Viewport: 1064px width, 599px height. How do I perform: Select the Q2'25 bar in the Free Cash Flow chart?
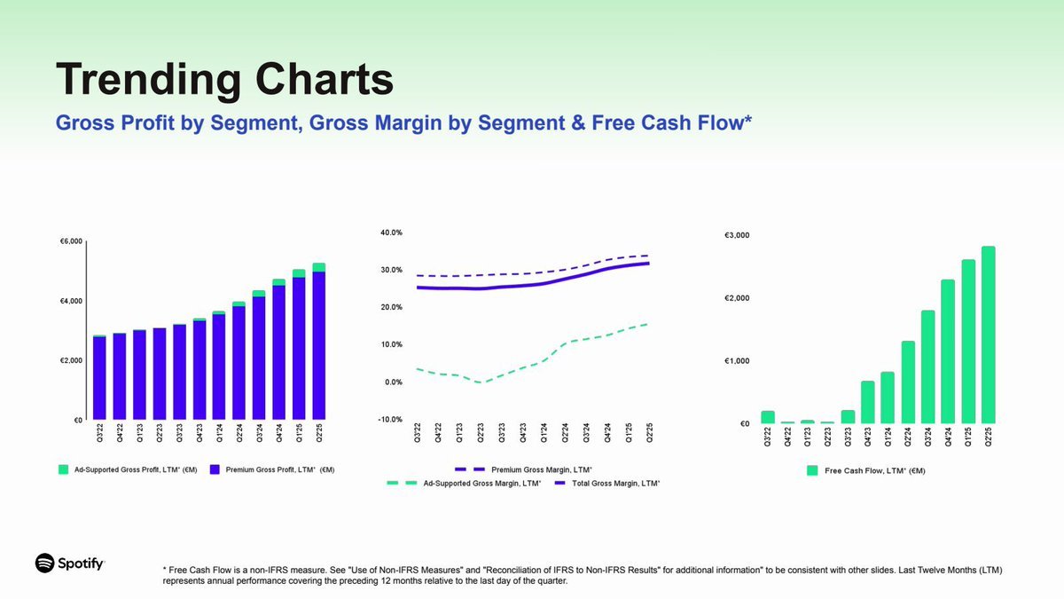[x=989, y=335]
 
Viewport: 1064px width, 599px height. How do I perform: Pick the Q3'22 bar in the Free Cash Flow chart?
[x=768, y=417]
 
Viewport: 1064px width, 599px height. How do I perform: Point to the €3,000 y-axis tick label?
[x=738, y=235]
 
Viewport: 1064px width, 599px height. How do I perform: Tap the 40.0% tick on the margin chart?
[x=390, y=233]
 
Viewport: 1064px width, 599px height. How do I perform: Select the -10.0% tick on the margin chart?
[x=389, y=419]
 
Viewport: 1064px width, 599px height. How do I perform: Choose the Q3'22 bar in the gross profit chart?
[x=99, y=378]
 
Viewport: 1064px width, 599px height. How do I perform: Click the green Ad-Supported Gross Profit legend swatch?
[x=63, y=469]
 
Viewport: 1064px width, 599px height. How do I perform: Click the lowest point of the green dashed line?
[x=481, y=382]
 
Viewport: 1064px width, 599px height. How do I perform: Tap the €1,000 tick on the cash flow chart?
[x=738, y=361]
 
